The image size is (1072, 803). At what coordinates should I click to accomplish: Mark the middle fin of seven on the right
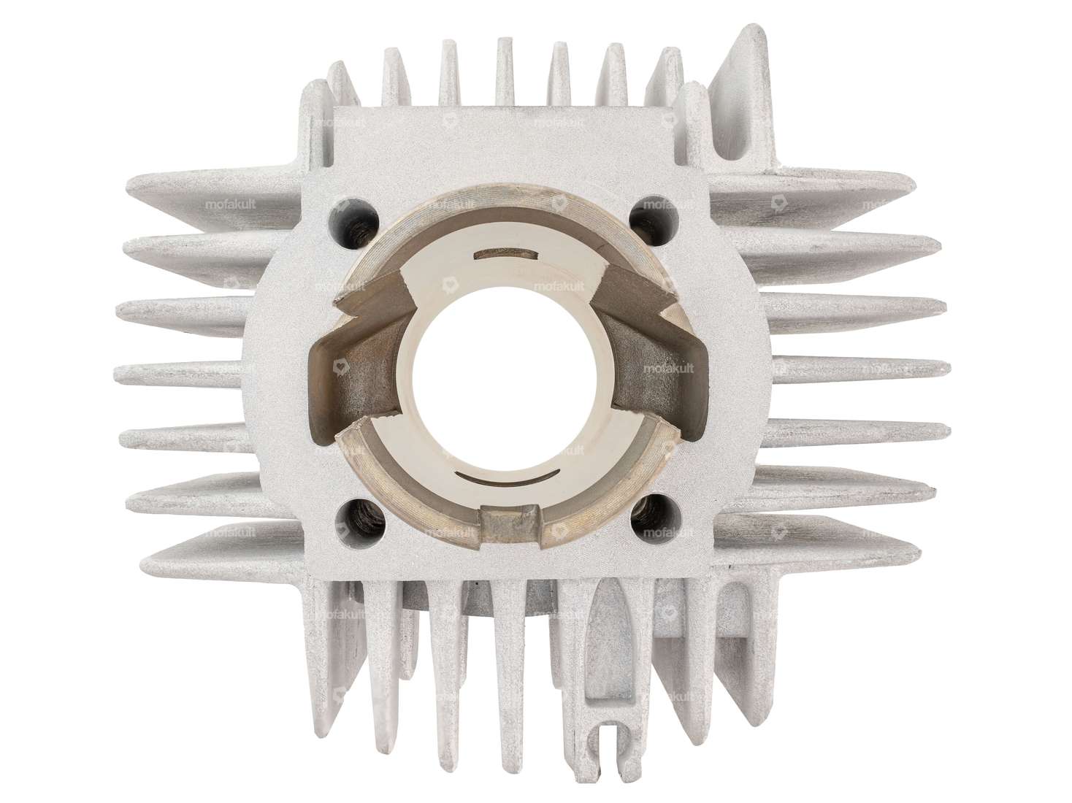(854, 374)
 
